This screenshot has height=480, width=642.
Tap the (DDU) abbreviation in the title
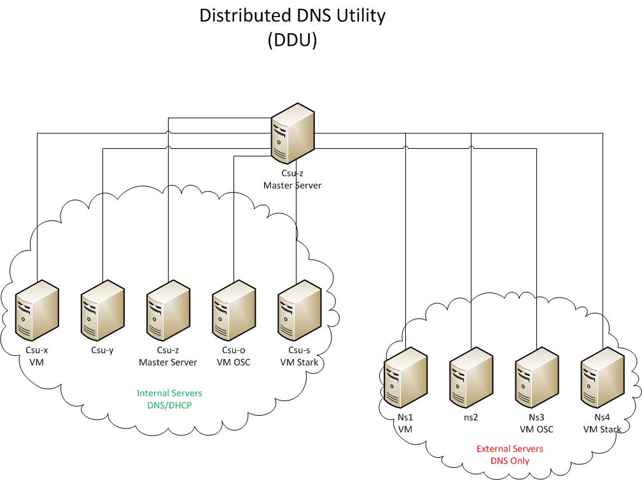pos(292,39)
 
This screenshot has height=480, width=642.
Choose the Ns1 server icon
pos(405,378)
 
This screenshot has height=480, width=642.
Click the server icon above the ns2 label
pos(471,378)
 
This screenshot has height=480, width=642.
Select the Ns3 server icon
pos(536,378)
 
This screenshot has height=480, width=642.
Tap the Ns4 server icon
pos(602,378)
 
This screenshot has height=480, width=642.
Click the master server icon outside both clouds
pos(293,134)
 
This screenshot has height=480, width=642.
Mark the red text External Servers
pos(510,449)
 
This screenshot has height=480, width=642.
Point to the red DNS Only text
pos(510,461)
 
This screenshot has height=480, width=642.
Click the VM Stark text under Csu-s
pos(299,362)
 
